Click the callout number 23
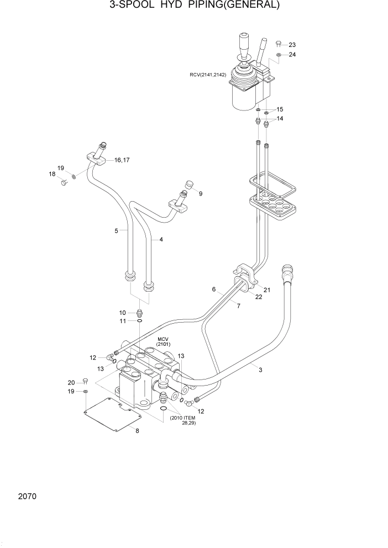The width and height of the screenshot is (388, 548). (x=292, y=45)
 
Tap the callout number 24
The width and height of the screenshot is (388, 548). (x=292, y=55)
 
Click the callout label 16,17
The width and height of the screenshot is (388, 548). (x=122, y=160)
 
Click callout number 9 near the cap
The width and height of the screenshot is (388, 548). (x=201, y=193)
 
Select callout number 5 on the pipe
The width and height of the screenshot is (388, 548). (x=117, y=231)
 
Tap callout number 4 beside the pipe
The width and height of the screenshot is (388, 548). (x=161, y=240)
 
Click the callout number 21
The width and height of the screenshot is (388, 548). (x=267, y=289)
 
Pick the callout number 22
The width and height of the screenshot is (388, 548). (x=259, y=297)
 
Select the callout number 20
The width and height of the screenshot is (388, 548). (x=71, y=383)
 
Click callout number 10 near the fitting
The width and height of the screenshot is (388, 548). (x=123, y=312)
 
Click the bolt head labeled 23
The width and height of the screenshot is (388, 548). (x=279, y=43)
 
